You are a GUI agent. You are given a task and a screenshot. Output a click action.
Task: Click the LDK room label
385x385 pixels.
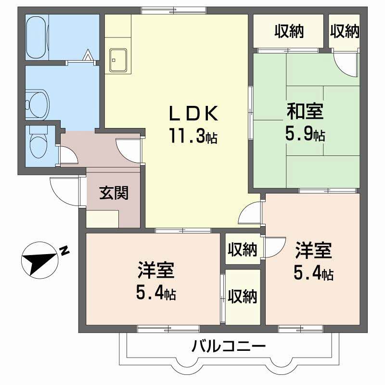pyautogui.click(x=192, y=115)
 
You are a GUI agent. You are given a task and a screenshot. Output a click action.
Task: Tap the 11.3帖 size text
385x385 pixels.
pyautogui.click(x=192, y=137)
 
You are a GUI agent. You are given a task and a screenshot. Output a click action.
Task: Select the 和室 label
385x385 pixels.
pyautogui.click(x=305, y=112)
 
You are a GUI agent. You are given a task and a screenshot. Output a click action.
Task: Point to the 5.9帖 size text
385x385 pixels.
pyautogui.click(x=305, y=134)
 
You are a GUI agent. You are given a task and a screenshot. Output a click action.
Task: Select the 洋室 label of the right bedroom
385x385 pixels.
pyautogui.click(x=313, y=251)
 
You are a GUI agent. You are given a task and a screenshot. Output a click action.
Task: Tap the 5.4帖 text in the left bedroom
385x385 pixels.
pyautogui.click(x=155, y=292)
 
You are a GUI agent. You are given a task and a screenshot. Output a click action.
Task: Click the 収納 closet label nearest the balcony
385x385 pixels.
pyautogui.click(x=243, y=296)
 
